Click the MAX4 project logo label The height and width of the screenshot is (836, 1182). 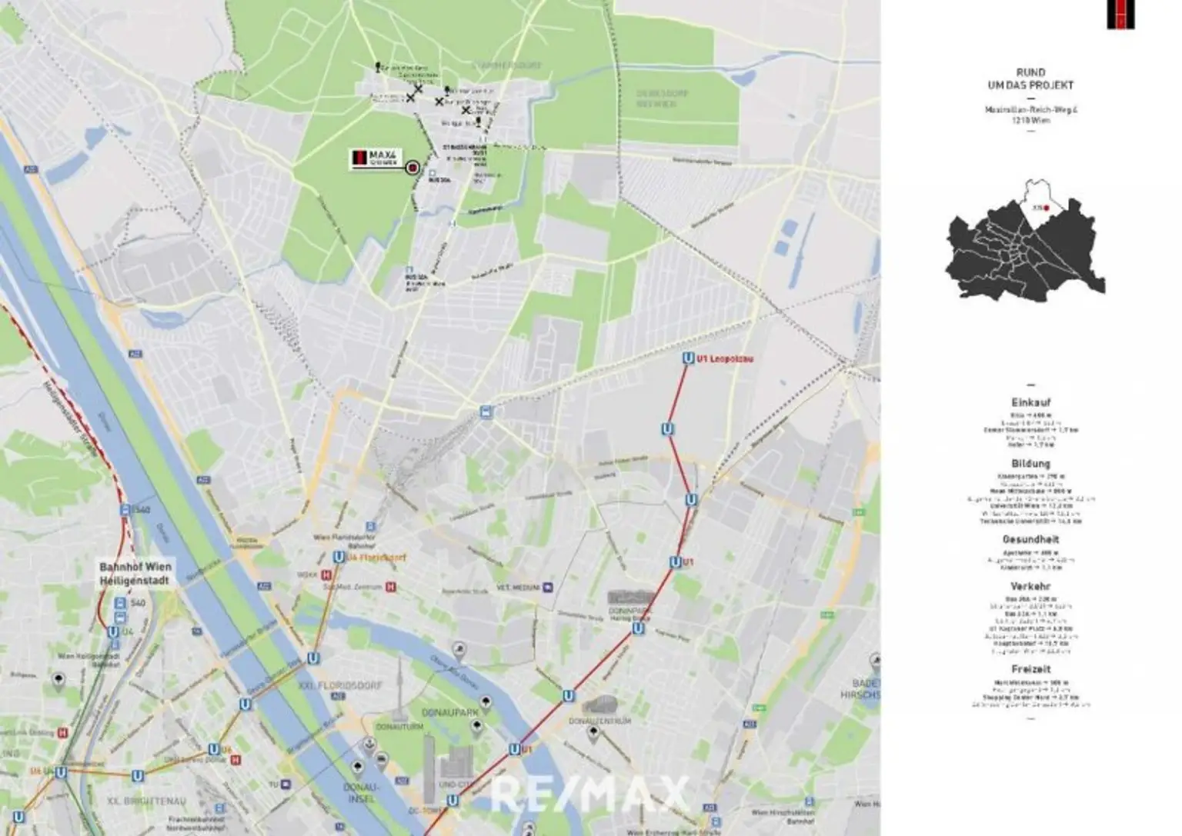(376, 158)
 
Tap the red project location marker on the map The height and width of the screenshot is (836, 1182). (412, 168)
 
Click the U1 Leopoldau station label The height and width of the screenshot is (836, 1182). (724, 358)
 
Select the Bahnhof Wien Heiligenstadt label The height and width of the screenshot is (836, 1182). (135, 573)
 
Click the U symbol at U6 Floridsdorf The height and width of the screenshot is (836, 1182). (338, 557)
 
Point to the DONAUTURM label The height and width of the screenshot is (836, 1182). (399, 726)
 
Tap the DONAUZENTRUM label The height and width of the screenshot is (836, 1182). (599, 721)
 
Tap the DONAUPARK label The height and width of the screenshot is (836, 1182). (449, 713)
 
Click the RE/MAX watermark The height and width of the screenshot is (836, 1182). (589, 794)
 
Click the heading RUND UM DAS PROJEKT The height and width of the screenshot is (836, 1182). (1030, 78)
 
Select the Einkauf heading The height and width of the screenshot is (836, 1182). (1030, 402)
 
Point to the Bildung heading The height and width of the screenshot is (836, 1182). (1030, 464)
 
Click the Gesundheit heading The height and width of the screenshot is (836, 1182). (1030, 539)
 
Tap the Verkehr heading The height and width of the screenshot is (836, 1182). (1030, 586)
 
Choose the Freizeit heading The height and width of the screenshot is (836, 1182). (1030, 669)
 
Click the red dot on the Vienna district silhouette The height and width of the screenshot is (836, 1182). (1047, 208)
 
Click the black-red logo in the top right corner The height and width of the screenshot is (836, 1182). (1120, 14)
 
